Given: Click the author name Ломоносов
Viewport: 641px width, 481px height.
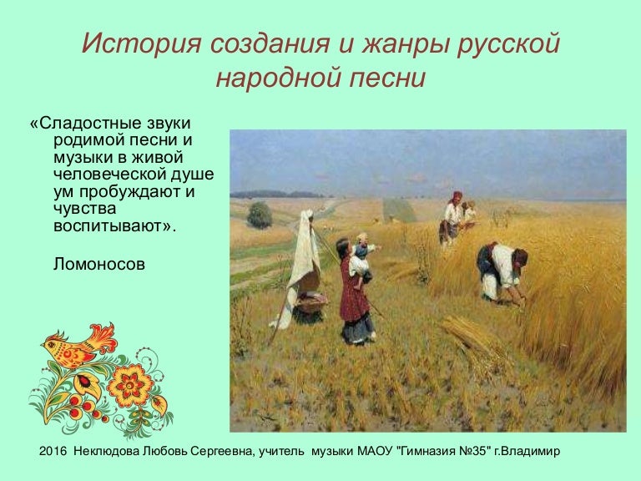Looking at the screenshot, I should click(98, 264).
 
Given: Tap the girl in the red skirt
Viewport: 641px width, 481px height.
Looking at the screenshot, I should click(355, 292).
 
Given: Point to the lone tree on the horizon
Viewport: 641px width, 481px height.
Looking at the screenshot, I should click(260, 215).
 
